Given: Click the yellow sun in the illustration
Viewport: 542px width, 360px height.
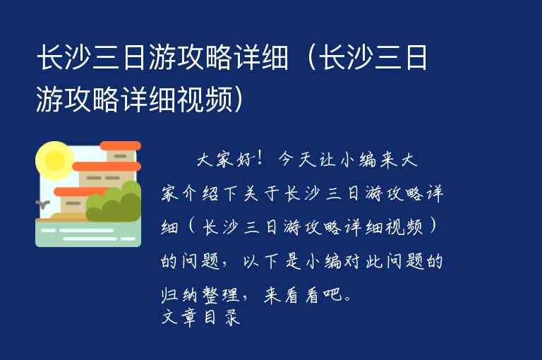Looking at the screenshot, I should pyautogui.click(x=54, y=159).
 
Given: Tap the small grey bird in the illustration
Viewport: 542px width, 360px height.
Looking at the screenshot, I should pyautogui.click(x=42, y=205).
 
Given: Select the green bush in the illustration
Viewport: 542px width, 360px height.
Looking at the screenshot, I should pyautogui.click(x=115, y=201).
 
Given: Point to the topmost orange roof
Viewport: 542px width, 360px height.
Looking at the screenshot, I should pyautogui.click(x=120, y=146).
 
